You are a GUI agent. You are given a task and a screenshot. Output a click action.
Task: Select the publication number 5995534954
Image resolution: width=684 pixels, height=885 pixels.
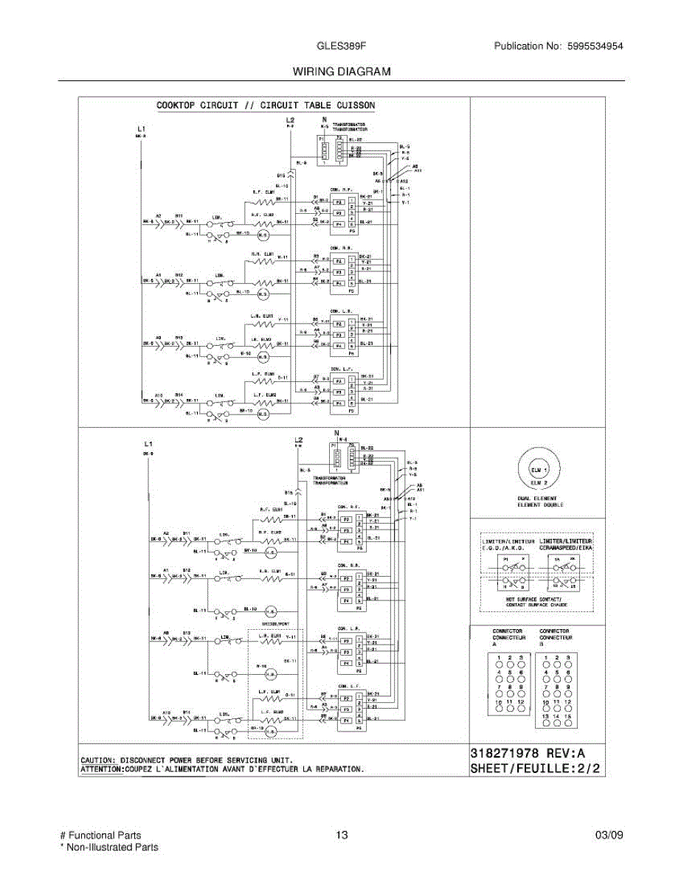[x=595, y=46]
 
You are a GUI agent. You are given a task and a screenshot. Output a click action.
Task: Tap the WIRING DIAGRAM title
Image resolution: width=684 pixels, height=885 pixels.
[x=342, y=72]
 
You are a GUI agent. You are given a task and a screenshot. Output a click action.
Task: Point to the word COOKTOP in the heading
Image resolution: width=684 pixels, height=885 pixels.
[x=175, y=105]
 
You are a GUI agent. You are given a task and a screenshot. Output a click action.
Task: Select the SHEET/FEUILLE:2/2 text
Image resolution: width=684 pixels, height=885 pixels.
[x=535, y=768]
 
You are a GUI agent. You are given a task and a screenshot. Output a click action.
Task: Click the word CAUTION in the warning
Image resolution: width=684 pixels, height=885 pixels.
[x=97, y=759]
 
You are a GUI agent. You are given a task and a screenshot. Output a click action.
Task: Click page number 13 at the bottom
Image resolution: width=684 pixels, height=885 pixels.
[x=341, y=835]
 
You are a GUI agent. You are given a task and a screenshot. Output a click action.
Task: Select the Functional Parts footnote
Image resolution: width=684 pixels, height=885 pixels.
[x=100, y=835]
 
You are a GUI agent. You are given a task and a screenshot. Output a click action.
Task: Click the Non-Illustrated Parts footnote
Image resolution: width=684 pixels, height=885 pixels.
[x=108, y=847]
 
